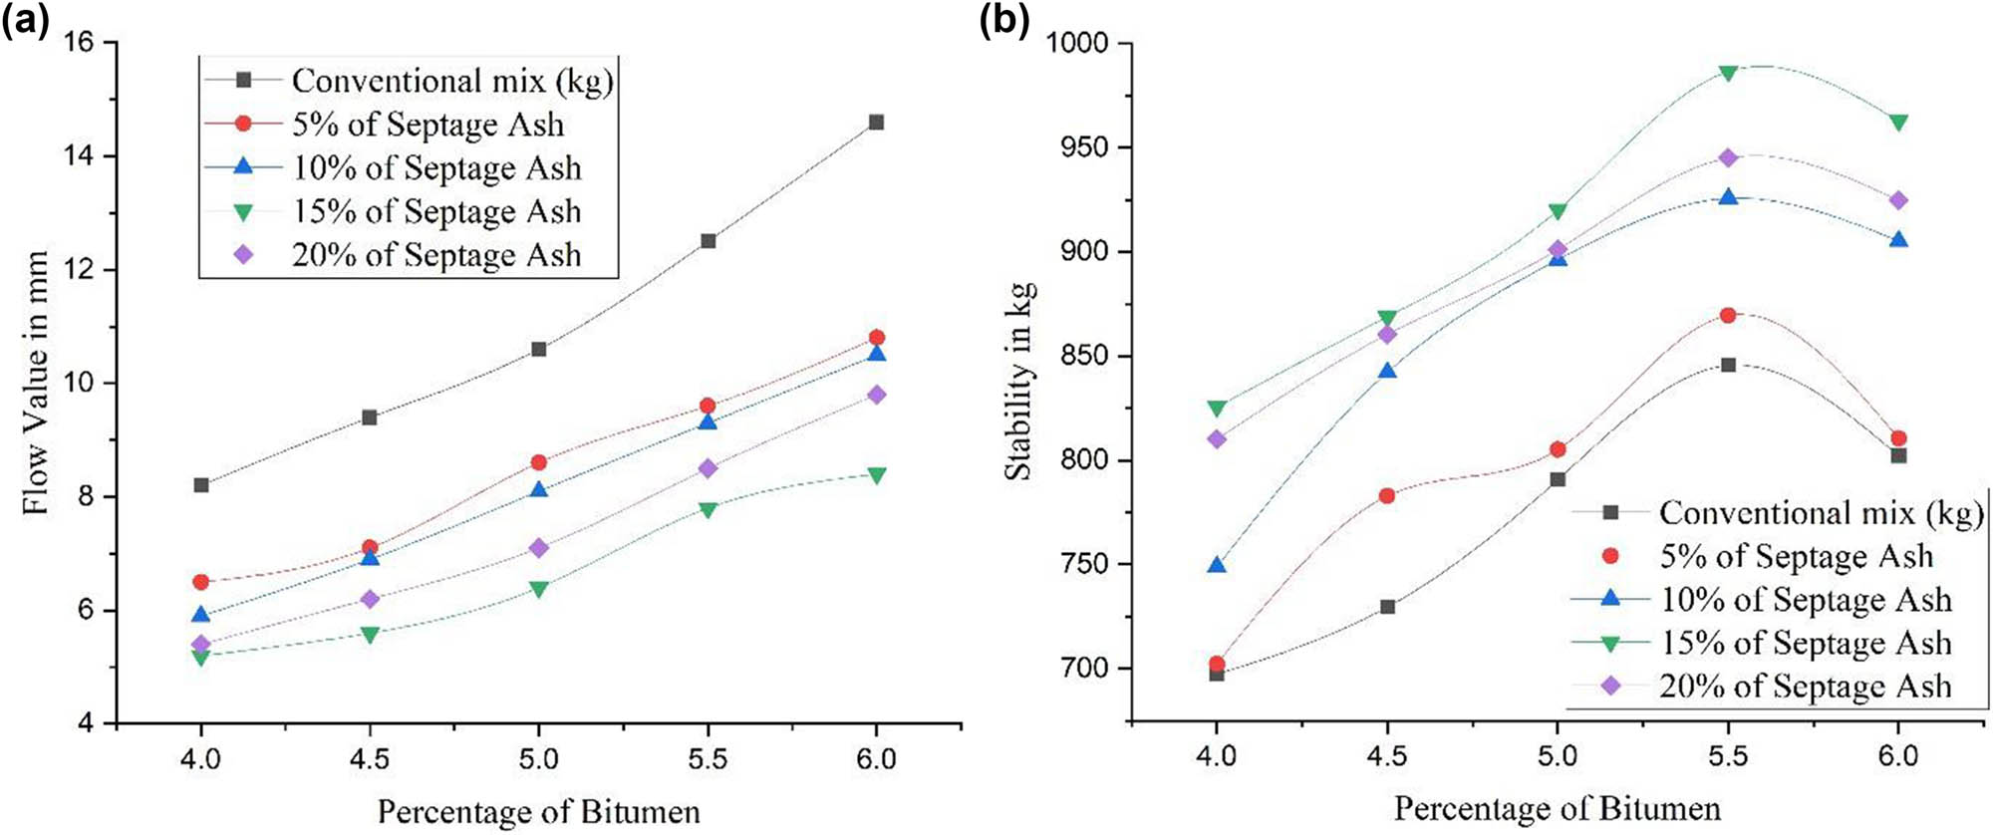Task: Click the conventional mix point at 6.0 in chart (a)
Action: (876, 123)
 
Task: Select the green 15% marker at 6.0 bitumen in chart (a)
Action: (876, 475)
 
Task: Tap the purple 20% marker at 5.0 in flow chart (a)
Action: (539, 548)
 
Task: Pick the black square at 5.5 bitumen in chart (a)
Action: (708, 241)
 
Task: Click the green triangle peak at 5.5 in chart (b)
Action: (1728, 73)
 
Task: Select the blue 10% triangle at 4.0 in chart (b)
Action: (1217, 565)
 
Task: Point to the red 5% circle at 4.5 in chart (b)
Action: (1387, 495)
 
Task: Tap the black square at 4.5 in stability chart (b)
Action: (1387, 607)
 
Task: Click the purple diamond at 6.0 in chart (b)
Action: (1898, 201)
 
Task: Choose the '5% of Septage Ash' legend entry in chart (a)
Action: (427, 125)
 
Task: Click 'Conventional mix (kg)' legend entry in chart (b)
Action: (1820, 513)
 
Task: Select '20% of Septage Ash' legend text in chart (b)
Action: (1805, 687)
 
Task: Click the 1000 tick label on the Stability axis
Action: (1078, 43)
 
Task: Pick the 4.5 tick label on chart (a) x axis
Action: (370, 759)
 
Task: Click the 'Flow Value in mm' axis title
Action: (36, 383)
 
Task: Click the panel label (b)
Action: (1003, 20)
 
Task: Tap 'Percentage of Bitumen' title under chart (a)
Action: (538, 812)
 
